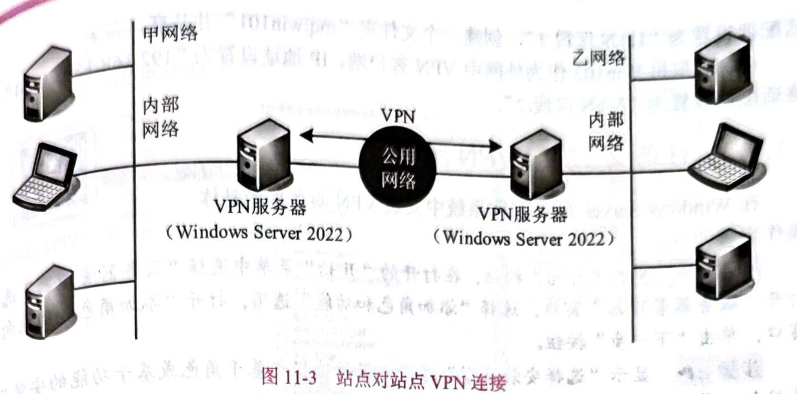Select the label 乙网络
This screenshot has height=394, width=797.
click(598, 58)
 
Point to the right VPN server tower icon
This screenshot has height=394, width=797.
click(537, 162)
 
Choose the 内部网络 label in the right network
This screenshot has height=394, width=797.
click(606, 132)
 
